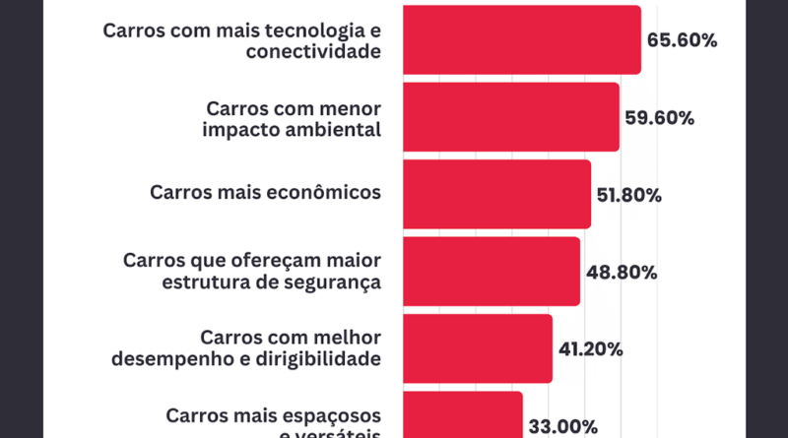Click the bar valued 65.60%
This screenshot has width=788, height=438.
click(522, 39)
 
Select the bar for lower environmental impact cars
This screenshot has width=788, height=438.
click(511, 117)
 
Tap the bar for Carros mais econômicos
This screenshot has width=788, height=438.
click(497, 194)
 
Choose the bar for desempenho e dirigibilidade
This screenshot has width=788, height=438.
click(478, 348)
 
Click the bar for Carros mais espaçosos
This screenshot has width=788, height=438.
click(463, 415)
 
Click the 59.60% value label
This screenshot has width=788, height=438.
click(660, 118)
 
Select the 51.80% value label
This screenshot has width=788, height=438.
click(630, 195)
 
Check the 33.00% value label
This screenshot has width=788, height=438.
click(562, 426)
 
